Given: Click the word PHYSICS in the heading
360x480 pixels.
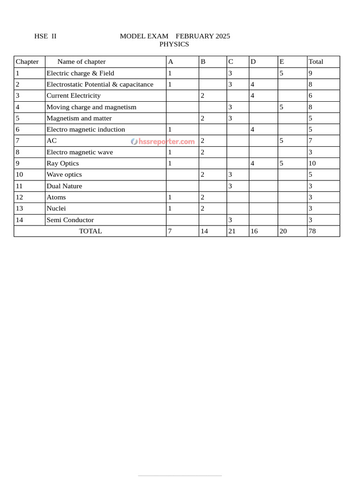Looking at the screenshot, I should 174,44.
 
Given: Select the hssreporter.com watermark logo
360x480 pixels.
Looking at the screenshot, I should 163,141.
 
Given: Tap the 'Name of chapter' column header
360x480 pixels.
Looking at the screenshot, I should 81,61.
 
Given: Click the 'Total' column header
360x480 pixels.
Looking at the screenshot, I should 315,61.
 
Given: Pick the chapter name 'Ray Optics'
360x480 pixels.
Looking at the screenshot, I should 62,163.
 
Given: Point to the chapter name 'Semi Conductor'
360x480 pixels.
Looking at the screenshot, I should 70,220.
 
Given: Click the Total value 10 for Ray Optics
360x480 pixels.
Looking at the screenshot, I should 312,163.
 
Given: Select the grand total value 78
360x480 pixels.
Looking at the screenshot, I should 312,231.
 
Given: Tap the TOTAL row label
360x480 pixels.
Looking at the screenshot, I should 90,231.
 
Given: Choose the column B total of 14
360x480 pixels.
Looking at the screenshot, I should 204,231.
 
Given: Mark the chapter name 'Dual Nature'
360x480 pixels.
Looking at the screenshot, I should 64,186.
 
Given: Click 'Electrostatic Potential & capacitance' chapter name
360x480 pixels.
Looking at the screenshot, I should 100,84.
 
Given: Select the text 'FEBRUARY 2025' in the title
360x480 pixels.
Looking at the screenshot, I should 202,36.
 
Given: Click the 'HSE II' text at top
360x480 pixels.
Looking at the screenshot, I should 45,36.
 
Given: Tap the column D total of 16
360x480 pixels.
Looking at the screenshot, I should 254,231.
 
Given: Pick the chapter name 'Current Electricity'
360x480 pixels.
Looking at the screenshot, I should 74,96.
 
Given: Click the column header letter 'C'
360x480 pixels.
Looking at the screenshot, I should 231,61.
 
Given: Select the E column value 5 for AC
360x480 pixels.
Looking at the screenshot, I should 282,141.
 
